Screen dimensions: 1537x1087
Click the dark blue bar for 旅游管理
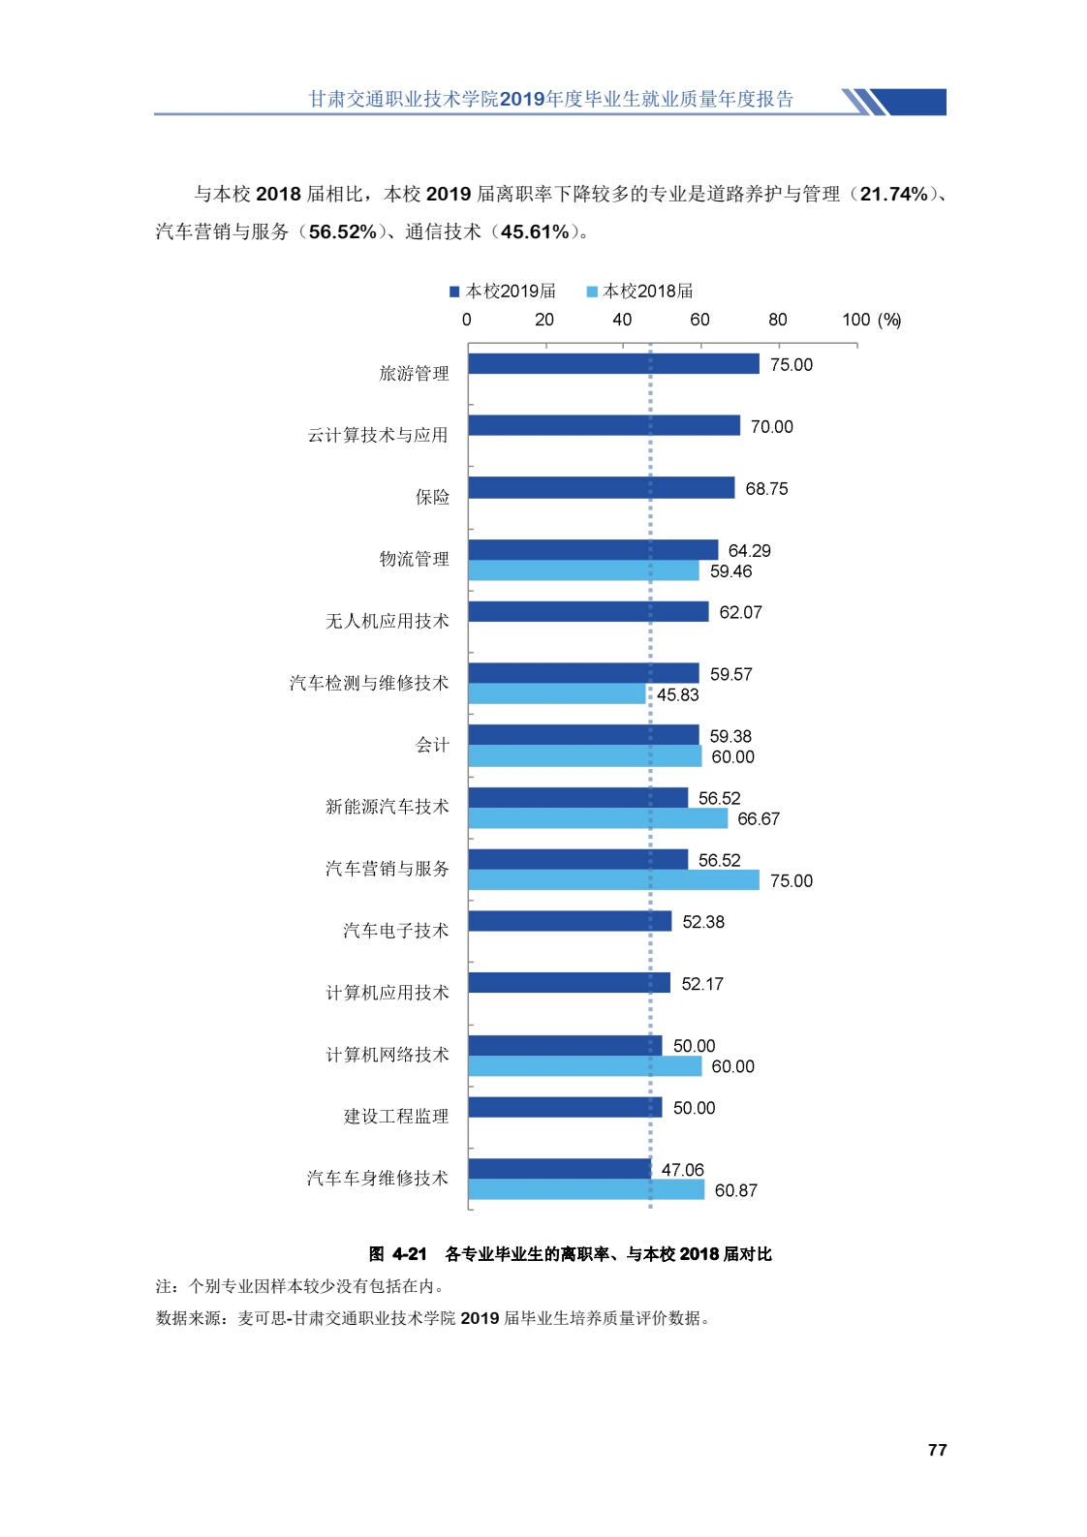613,364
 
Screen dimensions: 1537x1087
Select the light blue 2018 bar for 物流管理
583,571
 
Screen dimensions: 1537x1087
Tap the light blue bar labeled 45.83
557,694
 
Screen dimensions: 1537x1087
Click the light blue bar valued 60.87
586,1190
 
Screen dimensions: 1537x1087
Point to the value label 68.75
766,489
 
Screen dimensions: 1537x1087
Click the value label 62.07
740,613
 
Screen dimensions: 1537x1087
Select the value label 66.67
758,819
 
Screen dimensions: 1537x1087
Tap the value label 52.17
701,984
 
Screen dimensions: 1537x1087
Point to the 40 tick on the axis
622,321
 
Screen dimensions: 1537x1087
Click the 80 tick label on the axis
777,321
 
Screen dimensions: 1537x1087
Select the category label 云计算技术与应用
378,436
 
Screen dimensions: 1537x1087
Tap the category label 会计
432,746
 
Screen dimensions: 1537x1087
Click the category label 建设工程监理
396,1117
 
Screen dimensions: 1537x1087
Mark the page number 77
937,1450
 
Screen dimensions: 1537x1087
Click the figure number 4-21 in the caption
409,1254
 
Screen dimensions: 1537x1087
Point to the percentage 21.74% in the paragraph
893,195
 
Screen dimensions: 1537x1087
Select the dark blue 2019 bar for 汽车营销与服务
577,860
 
